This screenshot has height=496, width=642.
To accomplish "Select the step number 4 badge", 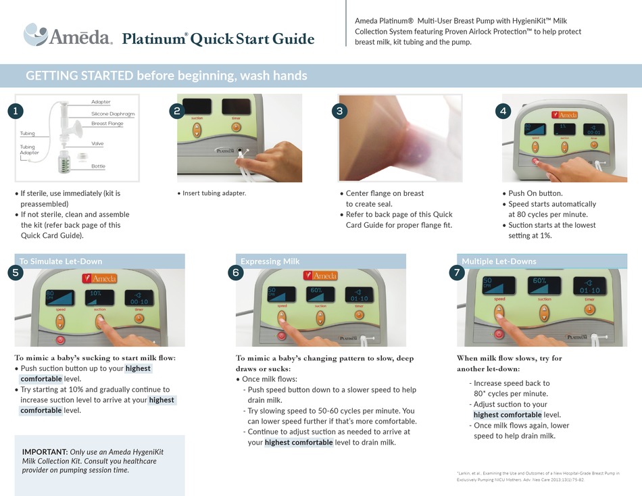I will tap(503, 111).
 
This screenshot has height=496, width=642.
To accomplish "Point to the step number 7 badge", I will tap(457, 272).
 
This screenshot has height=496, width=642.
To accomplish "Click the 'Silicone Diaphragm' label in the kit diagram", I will tap(113, 114).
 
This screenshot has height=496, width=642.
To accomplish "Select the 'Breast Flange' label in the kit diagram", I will tap(107, 124).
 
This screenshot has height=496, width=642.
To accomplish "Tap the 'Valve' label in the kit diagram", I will tap(97, 144).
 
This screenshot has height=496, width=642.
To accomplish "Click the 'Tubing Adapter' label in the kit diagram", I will tap(29, 150).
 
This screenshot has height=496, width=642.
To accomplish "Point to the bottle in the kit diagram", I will tap(65, 163).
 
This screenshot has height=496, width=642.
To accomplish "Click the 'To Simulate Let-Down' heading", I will tap(61, 262).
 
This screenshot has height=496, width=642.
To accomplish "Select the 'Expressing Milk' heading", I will tap(270, 262).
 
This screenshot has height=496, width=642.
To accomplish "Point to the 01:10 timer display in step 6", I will tap(358, 295).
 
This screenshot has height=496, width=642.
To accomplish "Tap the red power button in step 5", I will tap(60, 339).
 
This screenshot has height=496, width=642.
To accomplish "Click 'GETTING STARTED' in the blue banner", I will tap(79, 76).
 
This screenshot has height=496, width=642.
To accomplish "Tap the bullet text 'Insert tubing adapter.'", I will tap(214, 193).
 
